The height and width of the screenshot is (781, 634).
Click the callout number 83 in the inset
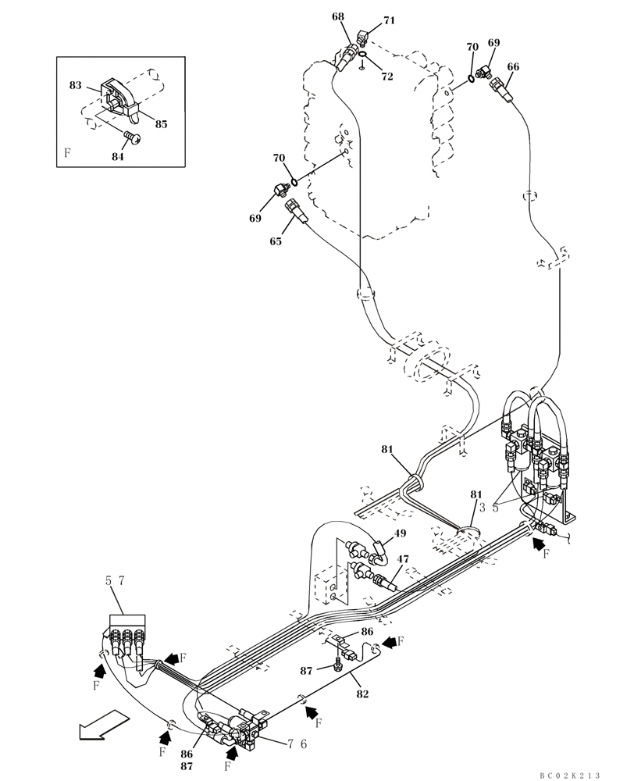75,85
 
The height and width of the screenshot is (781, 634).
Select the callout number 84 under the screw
117,156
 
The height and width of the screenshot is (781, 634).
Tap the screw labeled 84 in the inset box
133,139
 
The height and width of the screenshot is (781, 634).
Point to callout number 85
161,123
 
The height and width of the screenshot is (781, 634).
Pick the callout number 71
388,21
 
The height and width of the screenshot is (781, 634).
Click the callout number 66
512,67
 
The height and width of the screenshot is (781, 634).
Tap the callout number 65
276,241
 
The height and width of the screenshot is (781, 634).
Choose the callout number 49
400,534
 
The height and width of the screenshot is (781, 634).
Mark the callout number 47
403,559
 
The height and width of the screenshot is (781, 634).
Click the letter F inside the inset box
67,153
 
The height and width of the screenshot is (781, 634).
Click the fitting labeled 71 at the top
364,36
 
